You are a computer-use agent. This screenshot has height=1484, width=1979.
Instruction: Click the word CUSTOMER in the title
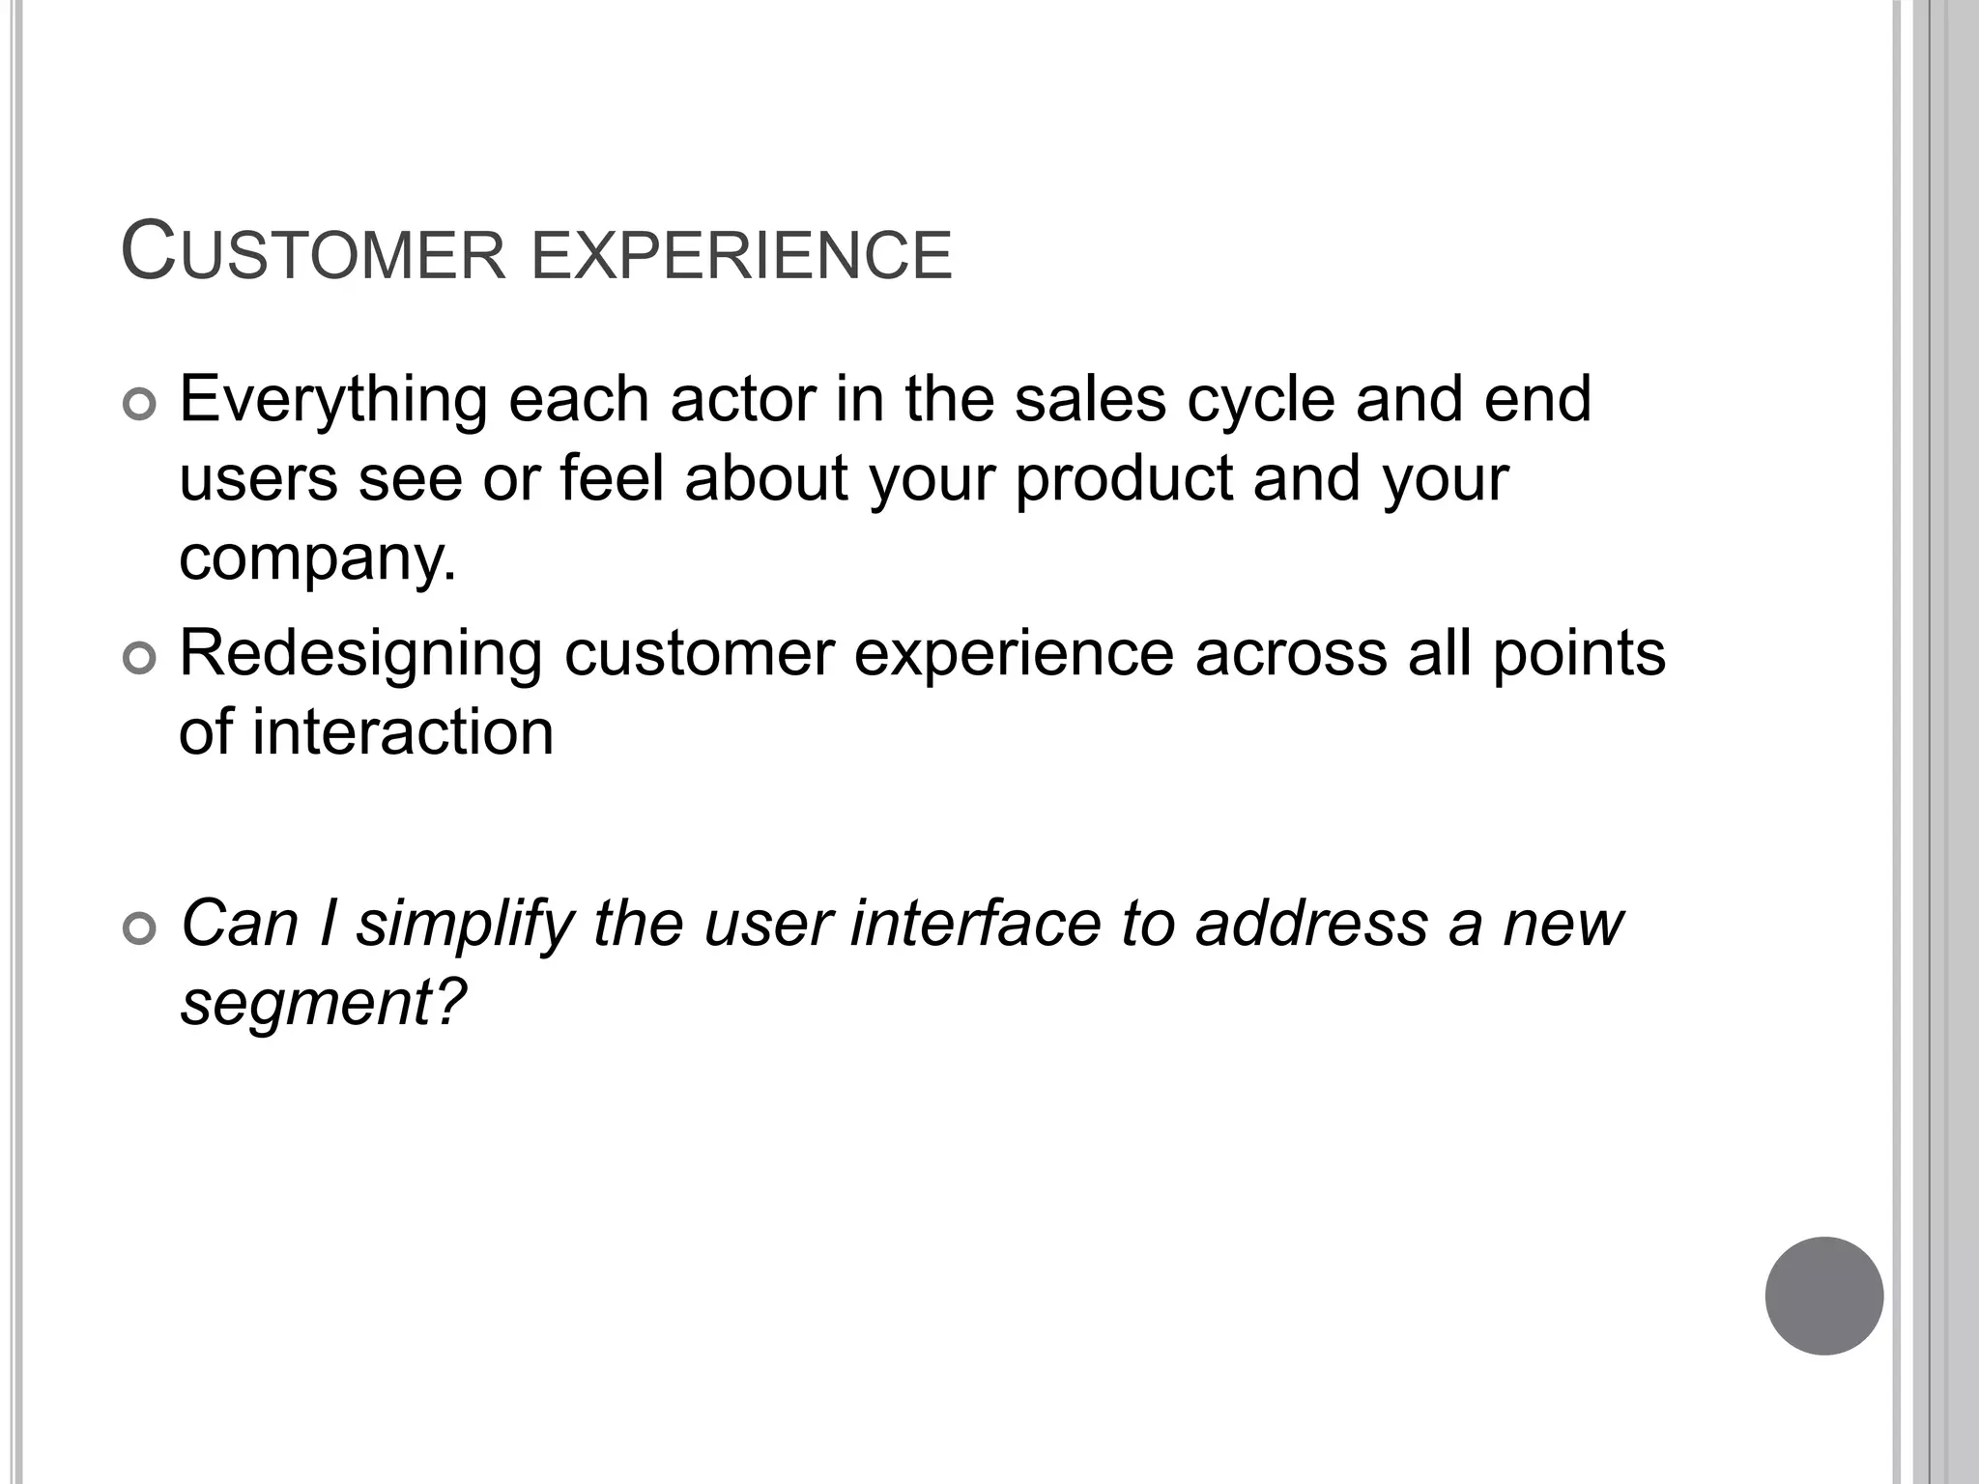(x=314, y=253)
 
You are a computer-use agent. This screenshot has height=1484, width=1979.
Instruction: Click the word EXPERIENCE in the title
(x=742, y=255)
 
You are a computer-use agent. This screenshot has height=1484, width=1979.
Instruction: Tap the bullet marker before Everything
(x=140, y=405)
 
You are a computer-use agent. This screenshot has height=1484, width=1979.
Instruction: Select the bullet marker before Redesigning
(x=140, y=659)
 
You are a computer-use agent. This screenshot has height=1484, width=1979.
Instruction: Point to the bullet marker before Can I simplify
(x=140, y=928)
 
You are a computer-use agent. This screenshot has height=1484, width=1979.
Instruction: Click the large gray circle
(x=1823, y=1296)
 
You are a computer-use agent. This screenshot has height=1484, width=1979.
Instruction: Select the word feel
(x=612, y=478)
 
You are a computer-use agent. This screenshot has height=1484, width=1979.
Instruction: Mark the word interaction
(x=403, y=732)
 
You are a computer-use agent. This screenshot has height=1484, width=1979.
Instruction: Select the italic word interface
(x=975, y=924)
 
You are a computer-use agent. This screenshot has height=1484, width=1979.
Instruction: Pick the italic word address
(x=1311, y=924)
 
